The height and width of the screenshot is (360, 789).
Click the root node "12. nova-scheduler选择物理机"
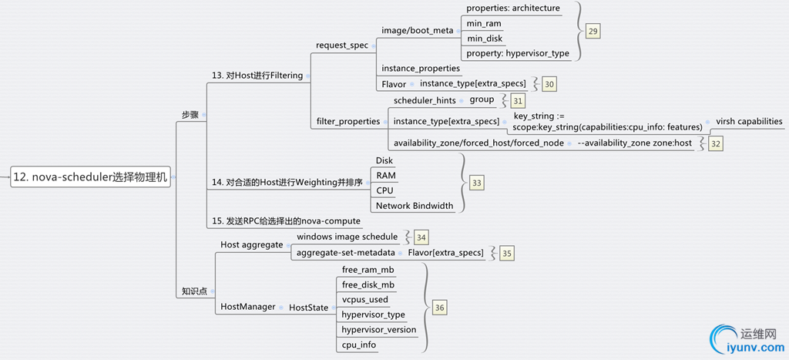90,177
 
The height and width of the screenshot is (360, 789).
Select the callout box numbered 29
593,31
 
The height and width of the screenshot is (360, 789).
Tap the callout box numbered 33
477,183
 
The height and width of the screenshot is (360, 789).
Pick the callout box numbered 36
439,308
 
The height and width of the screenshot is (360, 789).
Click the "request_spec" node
342,45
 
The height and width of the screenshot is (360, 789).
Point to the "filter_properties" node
348,121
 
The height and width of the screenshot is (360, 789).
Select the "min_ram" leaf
485,24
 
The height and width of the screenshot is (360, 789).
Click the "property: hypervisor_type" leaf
517,53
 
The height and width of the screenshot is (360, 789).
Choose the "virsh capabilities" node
749,121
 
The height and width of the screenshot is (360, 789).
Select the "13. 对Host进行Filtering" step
257,76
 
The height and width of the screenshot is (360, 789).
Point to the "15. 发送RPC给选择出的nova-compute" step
286,221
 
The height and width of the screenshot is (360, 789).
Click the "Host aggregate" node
252,244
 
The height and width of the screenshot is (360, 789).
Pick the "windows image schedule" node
347,237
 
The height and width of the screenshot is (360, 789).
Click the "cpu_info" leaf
359,345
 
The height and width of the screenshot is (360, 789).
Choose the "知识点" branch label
194,291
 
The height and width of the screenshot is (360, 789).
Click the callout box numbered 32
716,143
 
